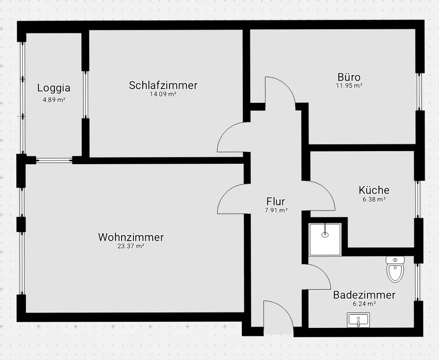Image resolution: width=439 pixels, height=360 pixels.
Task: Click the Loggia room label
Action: pos(54,87)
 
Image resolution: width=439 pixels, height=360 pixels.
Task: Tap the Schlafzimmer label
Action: pos(163,85)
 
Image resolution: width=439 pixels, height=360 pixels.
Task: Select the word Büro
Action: pos(349,77)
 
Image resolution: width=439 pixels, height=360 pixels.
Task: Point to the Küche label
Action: pos(374,190)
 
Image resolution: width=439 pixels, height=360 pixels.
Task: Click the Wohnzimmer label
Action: pos(131,238)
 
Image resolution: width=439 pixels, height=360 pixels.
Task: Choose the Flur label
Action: pos(276,202)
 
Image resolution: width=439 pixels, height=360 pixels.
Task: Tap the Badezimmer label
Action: pos(364,295)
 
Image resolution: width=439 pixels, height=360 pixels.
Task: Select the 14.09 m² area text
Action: pos(163,94)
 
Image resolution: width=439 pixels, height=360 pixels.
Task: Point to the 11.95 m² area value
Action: pos(349,86)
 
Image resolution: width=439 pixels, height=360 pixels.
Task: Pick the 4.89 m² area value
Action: pos(54,100)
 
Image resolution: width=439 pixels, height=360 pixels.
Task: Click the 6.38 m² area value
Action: pos(374,199)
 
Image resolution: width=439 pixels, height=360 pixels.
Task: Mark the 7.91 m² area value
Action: pos(276,210)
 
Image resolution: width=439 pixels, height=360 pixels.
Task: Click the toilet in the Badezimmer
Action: pos(395,268)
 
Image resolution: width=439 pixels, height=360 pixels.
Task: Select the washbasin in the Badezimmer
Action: pos(359,320)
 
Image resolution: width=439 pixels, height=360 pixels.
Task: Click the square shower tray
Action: pos(325,239)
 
